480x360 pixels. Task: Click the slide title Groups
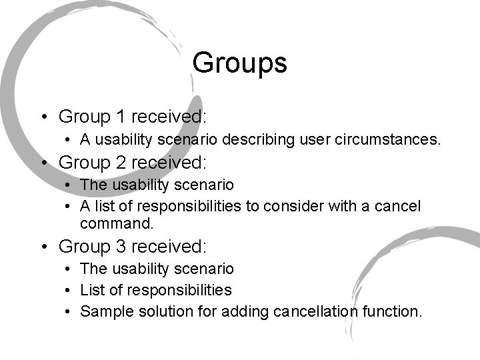click(239, 64)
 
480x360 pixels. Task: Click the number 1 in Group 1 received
click(120, 117)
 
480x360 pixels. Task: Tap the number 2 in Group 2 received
click(120, 162)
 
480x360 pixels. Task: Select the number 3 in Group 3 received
click(120, 246)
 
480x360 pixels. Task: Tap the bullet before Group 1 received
click(43, 118)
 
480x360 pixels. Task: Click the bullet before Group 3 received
click(43, 247)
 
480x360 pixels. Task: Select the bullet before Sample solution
click(69, 312)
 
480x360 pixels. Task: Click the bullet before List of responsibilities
click(69, 291)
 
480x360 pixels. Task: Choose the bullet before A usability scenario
click(69, 141)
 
